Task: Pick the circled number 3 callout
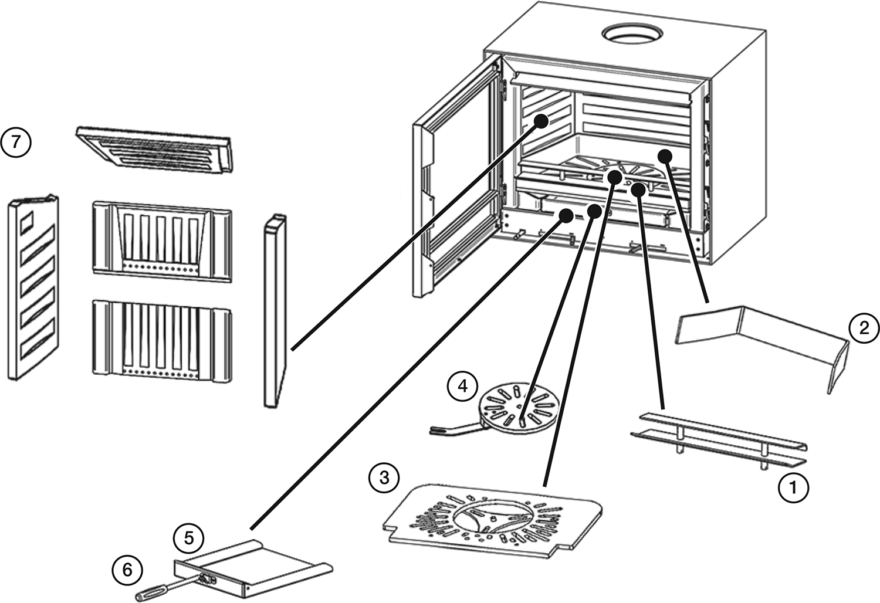[384, 477]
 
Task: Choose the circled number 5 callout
[189, 537]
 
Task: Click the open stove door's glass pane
[463, 176]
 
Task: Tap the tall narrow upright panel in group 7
[274, 311]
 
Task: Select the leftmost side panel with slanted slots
[34, 287]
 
